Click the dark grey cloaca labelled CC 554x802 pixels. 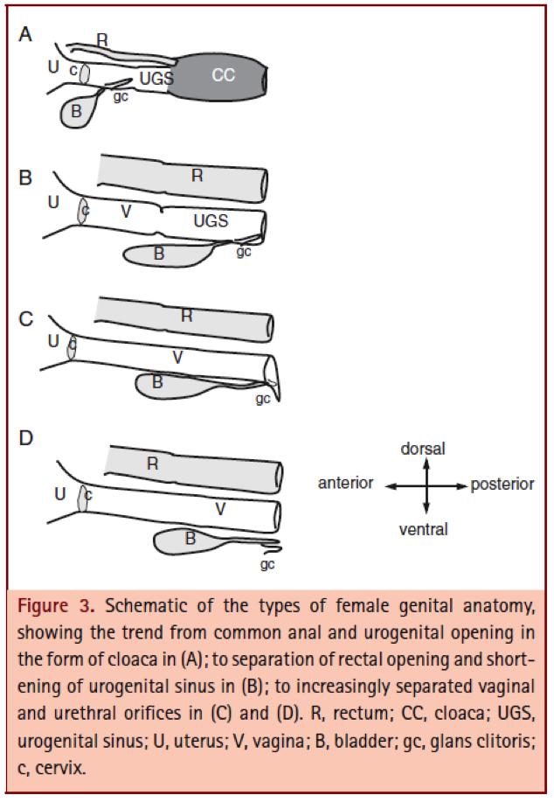coord(223,76)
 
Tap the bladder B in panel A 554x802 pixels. coord(78,111)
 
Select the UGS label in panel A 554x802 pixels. coord(156,79)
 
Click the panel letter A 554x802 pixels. coord(25,34)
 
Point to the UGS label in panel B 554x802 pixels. coord(211,222)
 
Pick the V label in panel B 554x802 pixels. coord(126,211)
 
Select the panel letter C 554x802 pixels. coord(26,319)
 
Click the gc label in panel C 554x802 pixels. coord(261,398)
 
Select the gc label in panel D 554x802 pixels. coord(267,564)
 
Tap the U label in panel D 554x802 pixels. coord(59,494)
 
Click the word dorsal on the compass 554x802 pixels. coord(423,449)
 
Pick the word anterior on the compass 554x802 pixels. coord(345,484)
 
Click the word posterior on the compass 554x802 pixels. coord(502,484)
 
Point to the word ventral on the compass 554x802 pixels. coord(423,528)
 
